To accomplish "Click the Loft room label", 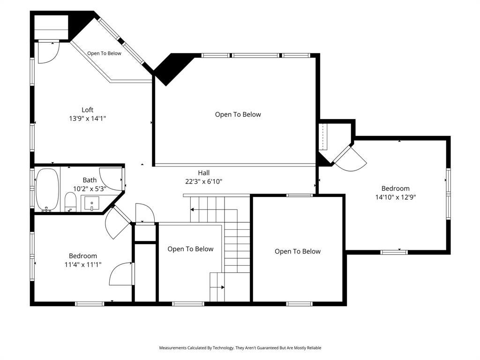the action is click(x=87, y=110).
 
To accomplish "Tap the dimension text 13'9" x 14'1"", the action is click(x=88, y=119).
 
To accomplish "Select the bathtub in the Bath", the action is click(x=47, y=190).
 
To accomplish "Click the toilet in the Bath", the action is click(x=70, y=202).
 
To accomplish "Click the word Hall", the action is click(x=203, y=172).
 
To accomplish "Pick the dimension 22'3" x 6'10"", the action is click(x=203, y=181).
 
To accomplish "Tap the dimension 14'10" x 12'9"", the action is click(x=396, y=197).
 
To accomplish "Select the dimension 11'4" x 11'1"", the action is click(x=83, y=264).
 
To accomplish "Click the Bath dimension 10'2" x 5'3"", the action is click(x=90, y=189).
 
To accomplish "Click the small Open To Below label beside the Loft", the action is click(x=105, y=53).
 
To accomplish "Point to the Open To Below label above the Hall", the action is click(x=238, y=114).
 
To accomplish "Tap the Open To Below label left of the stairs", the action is click(x=190, y=249).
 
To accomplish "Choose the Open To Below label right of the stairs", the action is click(x=298, y=251).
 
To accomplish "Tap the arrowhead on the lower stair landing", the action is click(x=223, y=287).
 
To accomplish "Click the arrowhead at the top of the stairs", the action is click(x=192, y=210).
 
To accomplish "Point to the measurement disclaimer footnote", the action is click(x=240, y=348).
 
